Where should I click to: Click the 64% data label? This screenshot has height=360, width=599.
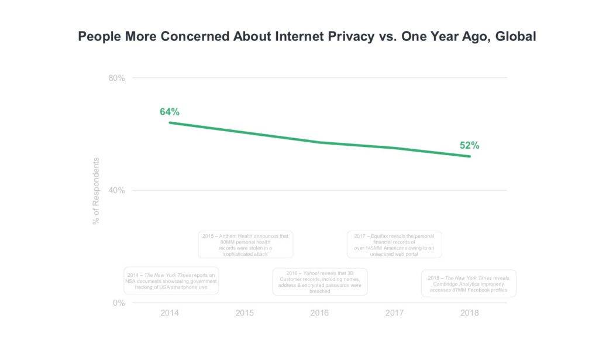click(170, 112)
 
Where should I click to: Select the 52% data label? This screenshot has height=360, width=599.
click(469, 146)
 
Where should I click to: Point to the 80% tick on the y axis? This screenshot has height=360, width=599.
click(117, 78)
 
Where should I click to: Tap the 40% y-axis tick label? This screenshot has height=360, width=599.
click(117, 190)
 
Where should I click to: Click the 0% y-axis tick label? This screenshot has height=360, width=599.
click(119, 303)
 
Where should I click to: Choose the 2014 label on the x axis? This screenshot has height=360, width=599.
click(170, 313)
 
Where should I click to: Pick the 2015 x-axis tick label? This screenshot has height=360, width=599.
click(245, 313)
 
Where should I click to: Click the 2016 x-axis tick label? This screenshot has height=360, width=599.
click(319, 313)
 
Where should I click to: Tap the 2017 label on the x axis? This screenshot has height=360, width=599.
click(394, 313)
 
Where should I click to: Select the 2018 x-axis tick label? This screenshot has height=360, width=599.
click(469, 313)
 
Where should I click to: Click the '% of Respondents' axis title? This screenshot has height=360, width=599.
click(97, 191)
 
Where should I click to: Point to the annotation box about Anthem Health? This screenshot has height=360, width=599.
click(246, 245)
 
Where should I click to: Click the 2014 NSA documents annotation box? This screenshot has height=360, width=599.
click(171, 281)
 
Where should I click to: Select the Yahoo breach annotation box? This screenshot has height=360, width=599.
click(320, 282)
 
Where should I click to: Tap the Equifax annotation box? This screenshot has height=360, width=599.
click(394, 245)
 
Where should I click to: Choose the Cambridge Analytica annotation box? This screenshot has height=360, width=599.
click(469, 283)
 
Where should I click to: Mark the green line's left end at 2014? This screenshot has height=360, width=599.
click(170, 122)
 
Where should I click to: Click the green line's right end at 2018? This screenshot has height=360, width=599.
click(469, 156)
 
